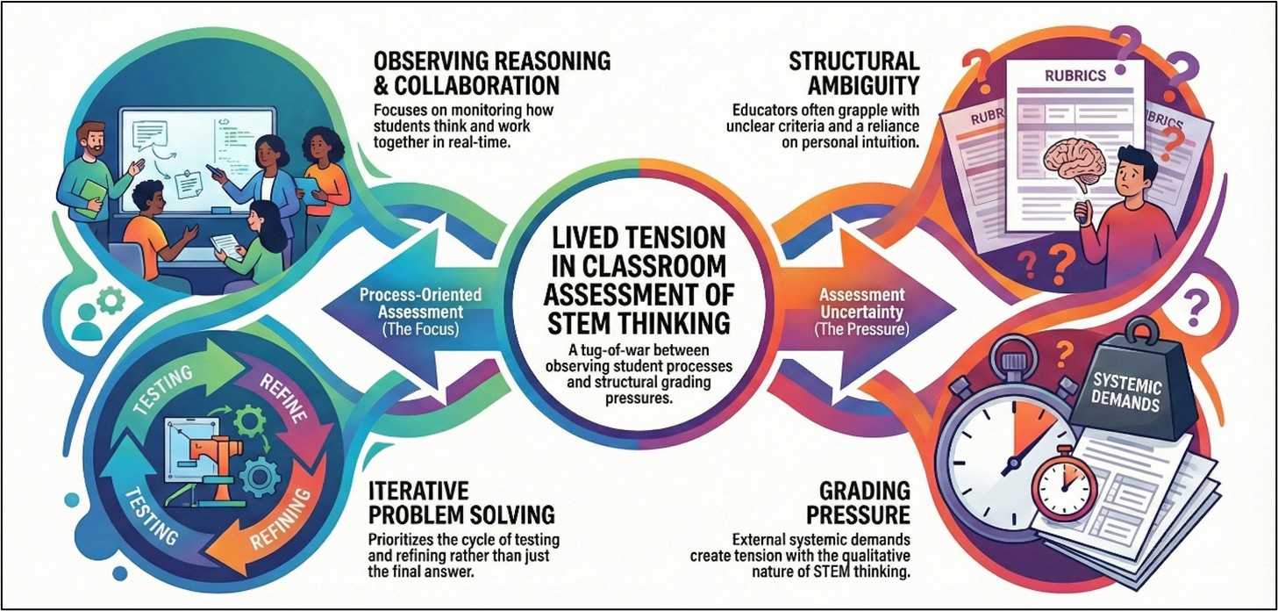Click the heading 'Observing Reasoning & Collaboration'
click(492, 73)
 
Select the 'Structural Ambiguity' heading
click(854, 73)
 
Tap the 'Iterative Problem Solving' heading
click(461, 502)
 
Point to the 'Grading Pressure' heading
click(858, 502)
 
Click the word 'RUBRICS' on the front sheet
click(1075, 75)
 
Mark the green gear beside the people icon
click(111, 300)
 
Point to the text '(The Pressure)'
click(861, 329)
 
